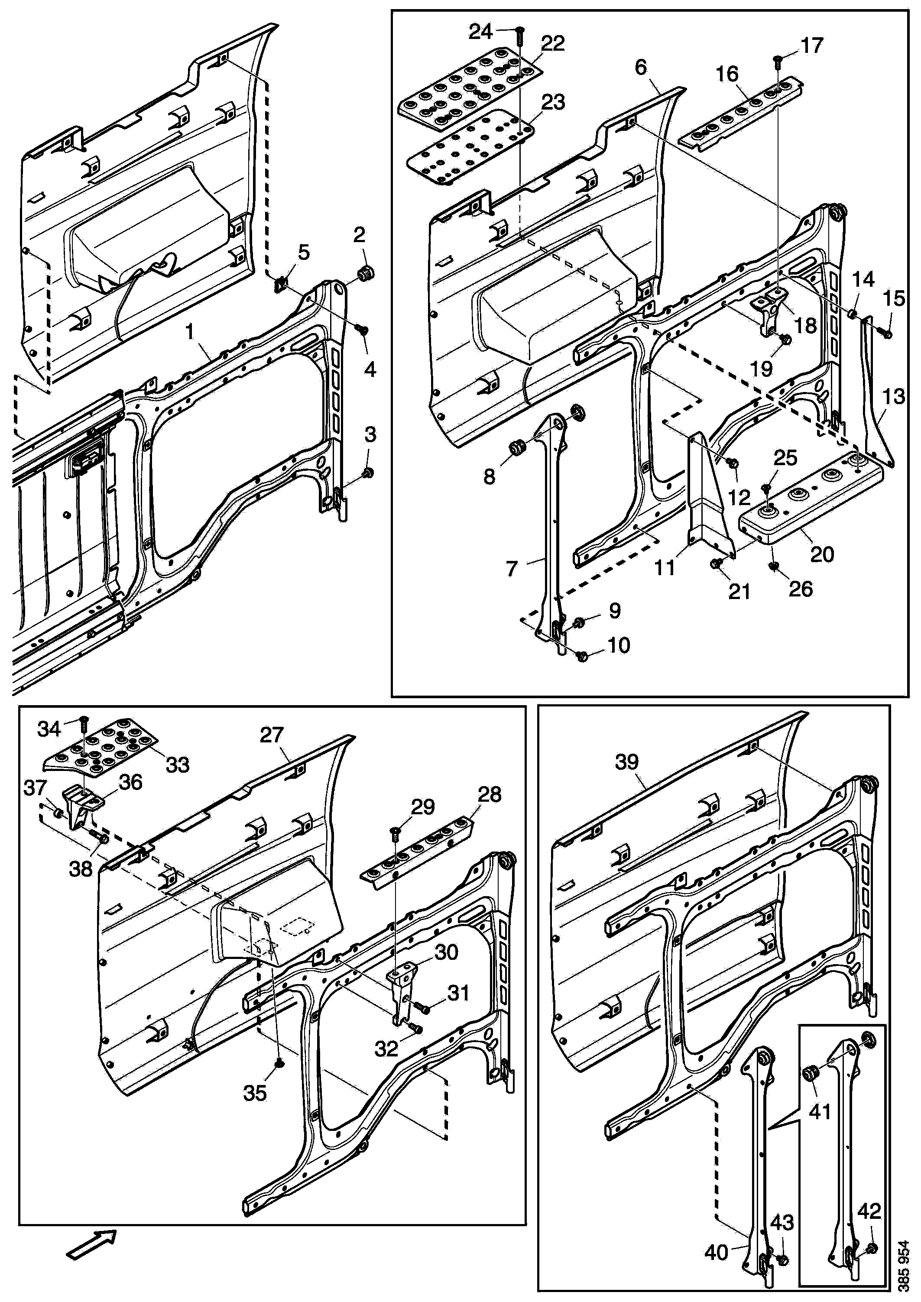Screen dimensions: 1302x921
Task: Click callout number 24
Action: coord(480,32)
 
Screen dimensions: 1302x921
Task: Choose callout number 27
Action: coord(272,735)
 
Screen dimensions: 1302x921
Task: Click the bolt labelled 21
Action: coord(716,563)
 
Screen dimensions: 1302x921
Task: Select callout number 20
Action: coord(822,554)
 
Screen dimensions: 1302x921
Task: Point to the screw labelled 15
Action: coord(886,334)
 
